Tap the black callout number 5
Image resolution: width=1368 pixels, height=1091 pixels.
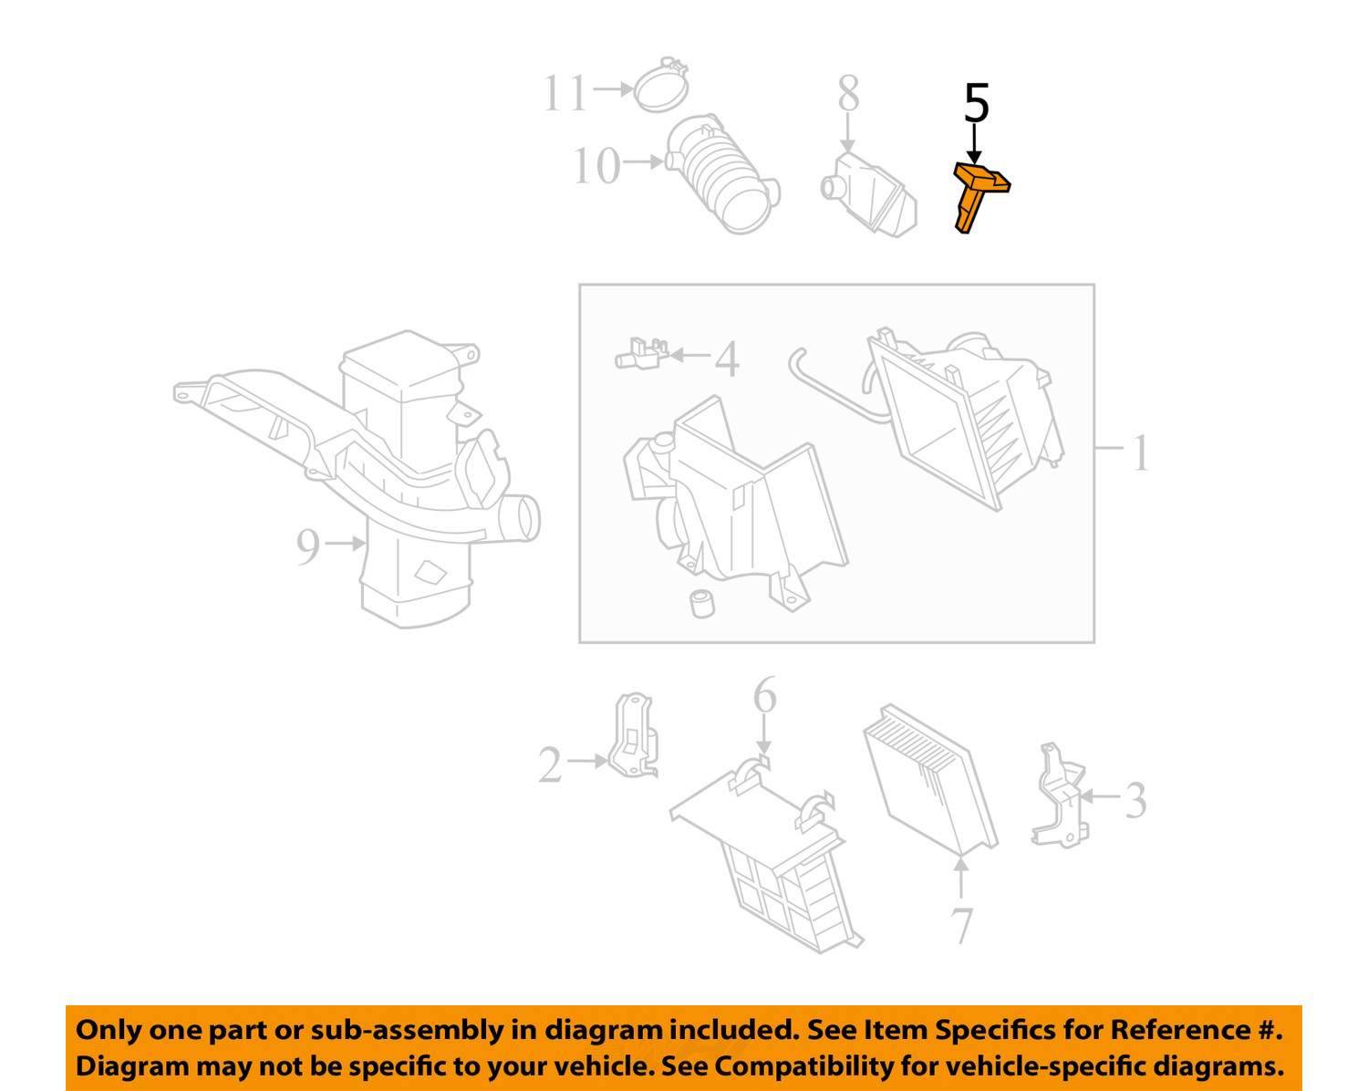click(x=977, y=103)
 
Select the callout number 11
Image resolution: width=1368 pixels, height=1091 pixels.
click(x=565, y=93)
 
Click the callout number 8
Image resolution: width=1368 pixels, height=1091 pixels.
click(x=849, y=94)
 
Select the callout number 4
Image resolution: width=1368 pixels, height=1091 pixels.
click(x=727, y=358)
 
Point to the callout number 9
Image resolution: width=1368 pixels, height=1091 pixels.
click(x=307, y=546)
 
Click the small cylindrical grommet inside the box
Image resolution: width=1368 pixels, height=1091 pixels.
click(x=702, y=604)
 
